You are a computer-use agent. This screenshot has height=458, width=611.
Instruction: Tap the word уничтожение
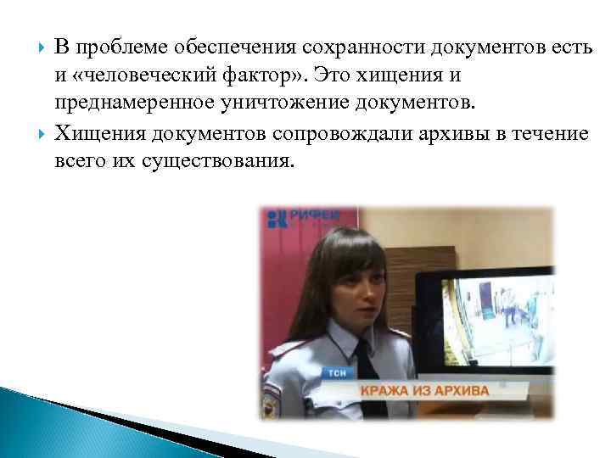319,103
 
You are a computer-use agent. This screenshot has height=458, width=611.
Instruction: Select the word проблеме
106,49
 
